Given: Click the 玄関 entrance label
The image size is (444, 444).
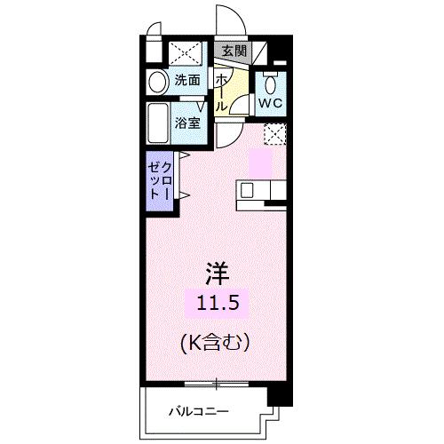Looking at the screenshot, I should [234, 51].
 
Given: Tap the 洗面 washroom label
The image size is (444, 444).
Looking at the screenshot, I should [186, 80].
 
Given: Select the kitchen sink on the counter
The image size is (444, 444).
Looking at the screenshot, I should [247, 190].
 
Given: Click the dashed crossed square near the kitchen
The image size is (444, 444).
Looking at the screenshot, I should [276, 134].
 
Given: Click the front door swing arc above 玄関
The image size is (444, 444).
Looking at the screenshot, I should [226, 22].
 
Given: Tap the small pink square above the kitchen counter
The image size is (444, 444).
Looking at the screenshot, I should [262, 163].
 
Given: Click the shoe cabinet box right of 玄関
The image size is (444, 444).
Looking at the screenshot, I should [263, 52].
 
